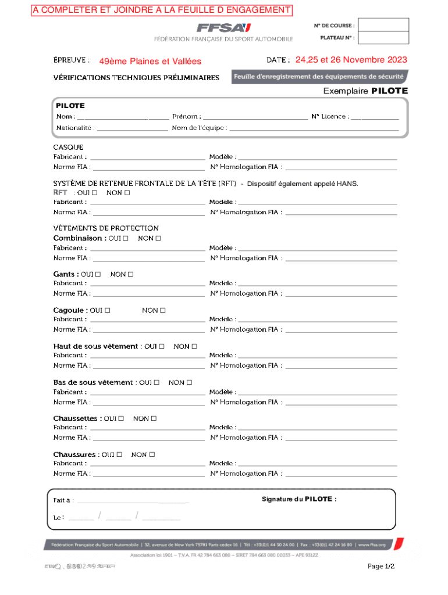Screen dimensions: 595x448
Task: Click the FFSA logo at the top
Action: [x=223, y=28]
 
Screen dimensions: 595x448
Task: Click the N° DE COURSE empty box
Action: [x=383, y=25]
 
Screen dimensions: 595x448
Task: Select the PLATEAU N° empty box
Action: [x=383, y=38]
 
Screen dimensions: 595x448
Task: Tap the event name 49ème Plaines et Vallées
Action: [x=150, y=61]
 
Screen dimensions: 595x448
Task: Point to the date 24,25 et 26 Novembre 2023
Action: [x=351, y=60]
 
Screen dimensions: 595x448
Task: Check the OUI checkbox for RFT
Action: [x=94, y=193]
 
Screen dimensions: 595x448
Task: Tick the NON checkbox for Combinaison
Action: [x=158, y=238]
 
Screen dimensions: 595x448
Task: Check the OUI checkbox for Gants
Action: [x=98, y=274]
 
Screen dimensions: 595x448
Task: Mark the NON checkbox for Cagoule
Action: [x=163, y=310]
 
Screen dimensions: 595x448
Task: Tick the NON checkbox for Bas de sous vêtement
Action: [x=189, y=382]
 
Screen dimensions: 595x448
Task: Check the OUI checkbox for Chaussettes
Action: [x=121, y=418]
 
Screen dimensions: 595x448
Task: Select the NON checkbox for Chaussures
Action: [x=152, y=454]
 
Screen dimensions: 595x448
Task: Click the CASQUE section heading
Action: [x=69, y=147]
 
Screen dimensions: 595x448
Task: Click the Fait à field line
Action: [x=133, y=501]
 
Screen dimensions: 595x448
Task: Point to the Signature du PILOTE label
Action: [x=299, y=499]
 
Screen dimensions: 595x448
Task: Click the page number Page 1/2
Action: [x=381, y=567]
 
